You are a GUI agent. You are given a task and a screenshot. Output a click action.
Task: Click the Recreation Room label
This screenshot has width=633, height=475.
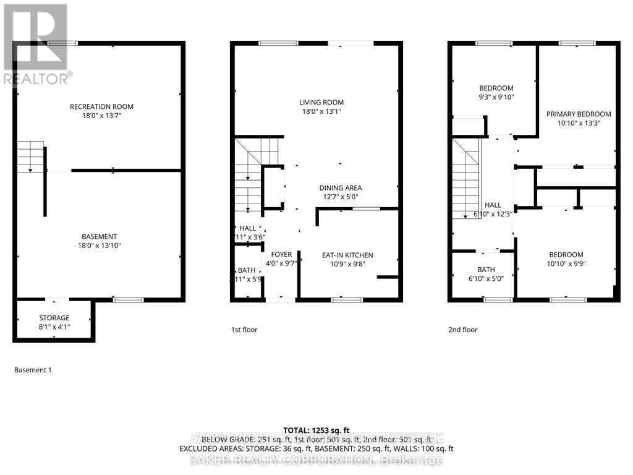[101, 106]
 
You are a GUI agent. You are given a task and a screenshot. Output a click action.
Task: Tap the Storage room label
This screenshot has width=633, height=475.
[54, 318]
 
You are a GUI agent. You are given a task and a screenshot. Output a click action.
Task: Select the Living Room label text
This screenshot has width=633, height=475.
[321, 103]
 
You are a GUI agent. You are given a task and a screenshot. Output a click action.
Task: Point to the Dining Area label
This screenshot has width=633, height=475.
[340, 188]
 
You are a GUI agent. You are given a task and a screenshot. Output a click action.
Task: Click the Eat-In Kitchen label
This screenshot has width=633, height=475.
[347, 255]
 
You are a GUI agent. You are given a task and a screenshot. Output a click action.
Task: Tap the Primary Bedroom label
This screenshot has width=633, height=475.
[578, 114]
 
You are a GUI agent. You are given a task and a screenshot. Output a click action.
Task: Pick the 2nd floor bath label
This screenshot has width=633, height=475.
[485, 270]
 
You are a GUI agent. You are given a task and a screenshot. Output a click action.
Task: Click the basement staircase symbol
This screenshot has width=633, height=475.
[30, 156]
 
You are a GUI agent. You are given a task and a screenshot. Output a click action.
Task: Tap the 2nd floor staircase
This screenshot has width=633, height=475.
[467, 179]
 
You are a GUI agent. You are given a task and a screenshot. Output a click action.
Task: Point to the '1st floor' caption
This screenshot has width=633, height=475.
[244, 330]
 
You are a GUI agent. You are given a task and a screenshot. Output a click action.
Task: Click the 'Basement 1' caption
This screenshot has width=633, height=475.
[33, 370]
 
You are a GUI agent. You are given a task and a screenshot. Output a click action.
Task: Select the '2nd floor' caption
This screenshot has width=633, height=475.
[463, 330]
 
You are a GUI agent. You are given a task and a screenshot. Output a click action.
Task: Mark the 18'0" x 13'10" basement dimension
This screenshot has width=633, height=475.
[100, 246]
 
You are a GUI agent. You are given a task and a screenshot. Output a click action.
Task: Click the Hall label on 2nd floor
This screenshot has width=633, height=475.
[493, 205]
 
